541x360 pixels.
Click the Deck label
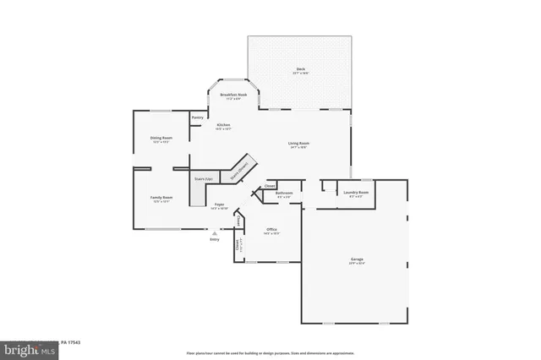point(300,69)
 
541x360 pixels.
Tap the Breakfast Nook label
point(233,95)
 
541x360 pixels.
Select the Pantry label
point(197,117)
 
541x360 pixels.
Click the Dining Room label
point(162,139)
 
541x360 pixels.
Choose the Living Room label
point(298,145)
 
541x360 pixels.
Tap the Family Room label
point(161,199)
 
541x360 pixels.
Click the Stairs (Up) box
point(201,180)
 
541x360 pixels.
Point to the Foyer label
point(219,205)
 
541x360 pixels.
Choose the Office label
point(272,230)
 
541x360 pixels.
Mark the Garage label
point(358,259)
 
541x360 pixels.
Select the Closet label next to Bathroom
point(270,186)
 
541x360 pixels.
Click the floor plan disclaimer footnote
point(270,352)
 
